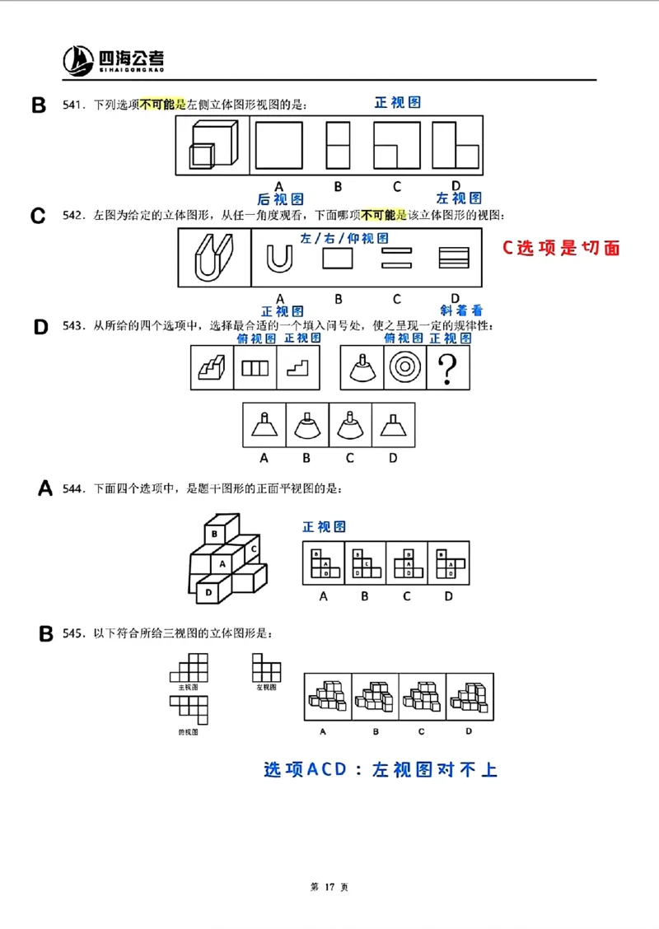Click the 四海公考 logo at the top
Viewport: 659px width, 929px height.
point(114,59)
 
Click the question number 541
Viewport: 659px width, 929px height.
point(74,105)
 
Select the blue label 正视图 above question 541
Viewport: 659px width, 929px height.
point(398,102)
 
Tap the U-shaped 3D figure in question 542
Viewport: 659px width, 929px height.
point(213,258)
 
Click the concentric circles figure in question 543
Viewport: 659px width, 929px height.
point(404,367)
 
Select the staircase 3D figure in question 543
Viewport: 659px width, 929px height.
point(213,368)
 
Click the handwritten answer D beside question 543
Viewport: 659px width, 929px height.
point(41,327)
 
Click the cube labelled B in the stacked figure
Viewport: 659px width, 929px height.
point(213,534)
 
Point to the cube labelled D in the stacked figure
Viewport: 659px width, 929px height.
point(209,591)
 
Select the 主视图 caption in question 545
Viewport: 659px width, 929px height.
point(189,686)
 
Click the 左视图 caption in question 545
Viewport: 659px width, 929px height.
point(266,686)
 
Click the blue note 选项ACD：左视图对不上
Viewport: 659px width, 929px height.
point(381,770)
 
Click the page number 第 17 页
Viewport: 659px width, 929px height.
point(329,887)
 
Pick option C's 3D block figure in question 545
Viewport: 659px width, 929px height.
point(422,696)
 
